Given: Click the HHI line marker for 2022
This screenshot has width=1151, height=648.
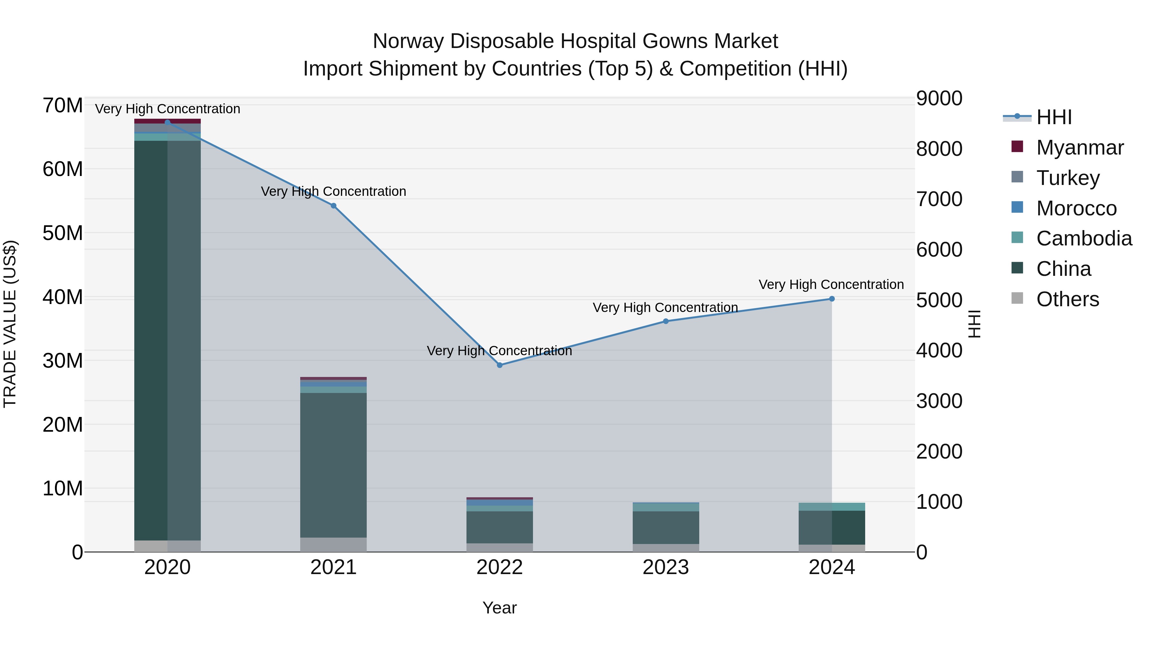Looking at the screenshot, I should (x=499, y=365).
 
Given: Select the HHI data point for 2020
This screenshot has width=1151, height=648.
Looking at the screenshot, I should (x=168, y=122).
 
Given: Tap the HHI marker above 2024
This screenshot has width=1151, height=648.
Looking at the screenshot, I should (x=832, y=299).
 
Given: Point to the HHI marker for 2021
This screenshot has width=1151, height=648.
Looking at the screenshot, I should (x=333, y=206).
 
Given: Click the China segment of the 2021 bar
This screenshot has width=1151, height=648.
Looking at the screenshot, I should (x=333, y=465).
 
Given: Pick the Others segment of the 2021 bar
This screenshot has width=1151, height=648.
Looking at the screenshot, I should (x=333, y=544).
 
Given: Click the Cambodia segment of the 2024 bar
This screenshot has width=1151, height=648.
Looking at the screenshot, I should (x=832, y=507).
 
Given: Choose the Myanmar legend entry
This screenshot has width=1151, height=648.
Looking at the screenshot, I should (x=1079, y=148).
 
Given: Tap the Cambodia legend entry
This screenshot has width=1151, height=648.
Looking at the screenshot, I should (x=1084, y=238).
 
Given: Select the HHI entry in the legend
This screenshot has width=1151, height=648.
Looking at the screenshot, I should (x=1053, y=117).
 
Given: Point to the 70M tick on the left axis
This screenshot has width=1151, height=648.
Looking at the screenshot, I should (x=63, y=106).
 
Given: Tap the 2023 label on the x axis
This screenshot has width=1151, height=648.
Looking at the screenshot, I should (x=665, y=567).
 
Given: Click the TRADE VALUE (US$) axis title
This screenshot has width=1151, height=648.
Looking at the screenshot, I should (x=10, y=324).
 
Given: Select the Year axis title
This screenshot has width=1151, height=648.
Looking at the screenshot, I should (x=499, y=608).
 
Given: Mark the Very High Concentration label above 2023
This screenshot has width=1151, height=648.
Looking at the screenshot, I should (x=665, y=308).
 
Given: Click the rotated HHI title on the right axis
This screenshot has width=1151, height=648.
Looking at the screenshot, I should (x=974, y=324).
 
